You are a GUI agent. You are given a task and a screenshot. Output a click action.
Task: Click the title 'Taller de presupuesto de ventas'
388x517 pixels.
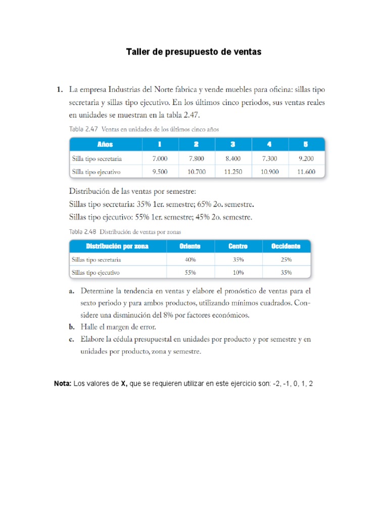(x=193, y=52)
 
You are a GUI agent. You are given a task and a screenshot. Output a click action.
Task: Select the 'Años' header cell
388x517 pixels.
(x=105, y=144)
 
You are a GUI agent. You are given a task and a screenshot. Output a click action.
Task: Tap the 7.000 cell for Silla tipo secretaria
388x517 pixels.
(x=160, y=158)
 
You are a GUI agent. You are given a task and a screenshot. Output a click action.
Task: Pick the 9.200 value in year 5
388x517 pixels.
(x=306, y=158)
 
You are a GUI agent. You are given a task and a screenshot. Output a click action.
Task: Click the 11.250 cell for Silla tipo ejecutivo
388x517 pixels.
(x=232, y=172)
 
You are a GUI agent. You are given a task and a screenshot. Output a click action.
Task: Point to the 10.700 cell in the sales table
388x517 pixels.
(x=196, y=172)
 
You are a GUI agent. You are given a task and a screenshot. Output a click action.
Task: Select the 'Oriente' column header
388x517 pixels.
(x=190, y=246)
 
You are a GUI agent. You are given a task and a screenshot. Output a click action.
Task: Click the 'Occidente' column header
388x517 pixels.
(x=285, y=246)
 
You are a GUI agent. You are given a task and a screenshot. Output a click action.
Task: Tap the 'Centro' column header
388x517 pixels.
(x=238, y=246)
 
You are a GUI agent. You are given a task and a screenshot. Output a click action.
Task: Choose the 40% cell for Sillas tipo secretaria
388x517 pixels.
(x=190, y=260)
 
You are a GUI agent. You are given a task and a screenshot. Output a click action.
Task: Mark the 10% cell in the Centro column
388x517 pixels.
(x=238, y=273)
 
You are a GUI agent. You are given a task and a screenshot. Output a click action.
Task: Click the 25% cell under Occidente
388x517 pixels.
(x=285, y=260)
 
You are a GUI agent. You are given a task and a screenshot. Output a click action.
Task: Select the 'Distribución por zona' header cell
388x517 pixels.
(x=117, y=246)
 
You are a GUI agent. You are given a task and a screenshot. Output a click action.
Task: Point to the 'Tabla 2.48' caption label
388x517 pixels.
(x=82, y=231)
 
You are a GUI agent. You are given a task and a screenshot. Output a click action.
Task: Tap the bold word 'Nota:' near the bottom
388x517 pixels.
(x=63, y=384)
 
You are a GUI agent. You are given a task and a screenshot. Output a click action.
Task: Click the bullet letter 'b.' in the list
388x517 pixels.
(x=72, y=327)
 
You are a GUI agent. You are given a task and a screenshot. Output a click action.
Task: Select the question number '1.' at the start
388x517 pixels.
(x=59, y=89)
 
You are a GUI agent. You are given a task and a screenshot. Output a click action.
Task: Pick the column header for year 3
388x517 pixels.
(x=232, y=144)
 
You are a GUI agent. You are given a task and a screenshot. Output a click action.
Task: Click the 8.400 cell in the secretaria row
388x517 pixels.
(x=232, y=158)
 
